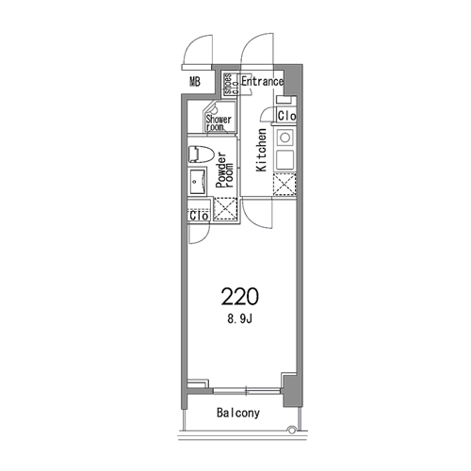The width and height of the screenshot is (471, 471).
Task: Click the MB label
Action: (x=195, y=82)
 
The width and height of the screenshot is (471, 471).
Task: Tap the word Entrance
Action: (x=262, y=82)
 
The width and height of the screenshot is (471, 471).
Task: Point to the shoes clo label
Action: (x=232, y=84)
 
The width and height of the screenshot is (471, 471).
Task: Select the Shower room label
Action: (x=219, y=122)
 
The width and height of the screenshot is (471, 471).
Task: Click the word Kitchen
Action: (x=261, y=150)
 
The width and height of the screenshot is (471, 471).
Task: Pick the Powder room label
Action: (x=225, y=170)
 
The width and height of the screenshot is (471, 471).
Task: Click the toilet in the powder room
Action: (x=201, y=154)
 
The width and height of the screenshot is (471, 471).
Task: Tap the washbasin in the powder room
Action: (x=198, y=182)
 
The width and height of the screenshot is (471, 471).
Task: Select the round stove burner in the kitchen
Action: (x=285, y=138)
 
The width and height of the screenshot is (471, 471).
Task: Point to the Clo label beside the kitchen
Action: (x=286, y=116)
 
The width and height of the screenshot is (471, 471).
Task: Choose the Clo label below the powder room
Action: (x=199, y=216)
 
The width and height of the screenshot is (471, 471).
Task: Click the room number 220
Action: (x=240, y=297)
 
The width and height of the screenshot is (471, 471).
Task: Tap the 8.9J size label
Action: (x=240, y=319)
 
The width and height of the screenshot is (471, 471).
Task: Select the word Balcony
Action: (x=238, y=413)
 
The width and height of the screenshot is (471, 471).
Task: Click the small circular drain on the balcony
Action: (x=292, y=429)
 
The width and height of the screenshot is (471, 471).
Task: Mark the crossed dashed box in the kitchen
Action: (x=284, y=184)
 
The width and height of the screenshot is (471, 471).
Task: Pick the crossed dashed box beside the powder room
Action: (x=225, y=208)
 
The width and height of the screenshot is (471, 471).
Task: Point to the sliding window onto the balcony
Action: (x=247, y=391)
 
